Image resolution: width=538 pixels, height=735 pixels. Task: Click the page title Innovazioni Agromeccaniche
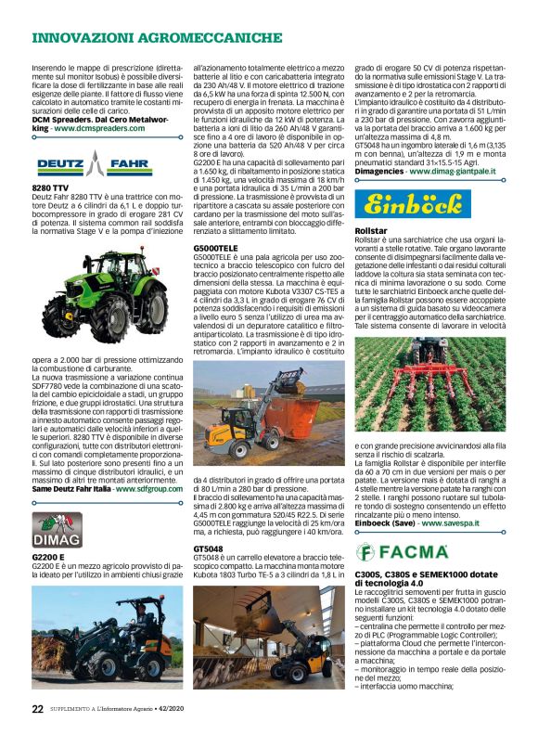(157, 38)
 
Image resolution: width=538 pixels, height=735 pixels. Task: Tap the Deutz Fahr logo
(93, 166)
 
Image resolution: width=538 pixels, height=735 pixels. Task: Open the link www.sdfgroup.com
(147, 487)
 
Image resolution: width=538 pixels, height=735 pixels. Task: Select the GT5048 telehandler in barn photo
(263, 635)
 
